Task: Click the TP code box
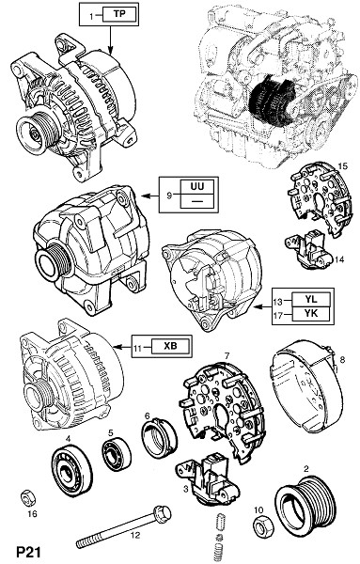pyautogui.click(x=119, y=14)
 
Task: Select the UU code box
pyautogui.click(x=197, y=187)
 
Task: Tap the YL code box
pyautogui.click(x=311, y=299)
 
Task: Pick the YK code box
pyautogui.click(x=311, y=314)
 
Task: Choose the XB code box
pyautogui.click(x=170, y=346)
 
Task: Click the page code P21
pyautogui.click(x=28, y=552)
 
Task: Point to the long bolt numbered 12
pyautogui.click(x=123, y=528)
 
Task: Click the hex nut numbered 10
pyautogui.click(x=263, y=528)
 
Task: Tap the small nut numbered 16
pyautogui.click(x=27, y=498)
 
